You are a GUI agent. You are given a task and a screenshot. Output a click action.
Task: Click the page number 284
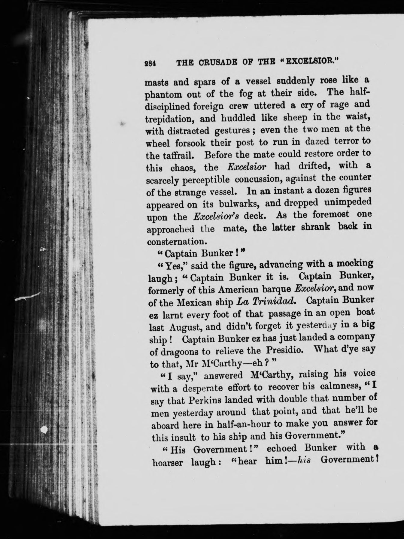click(149, 64)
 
